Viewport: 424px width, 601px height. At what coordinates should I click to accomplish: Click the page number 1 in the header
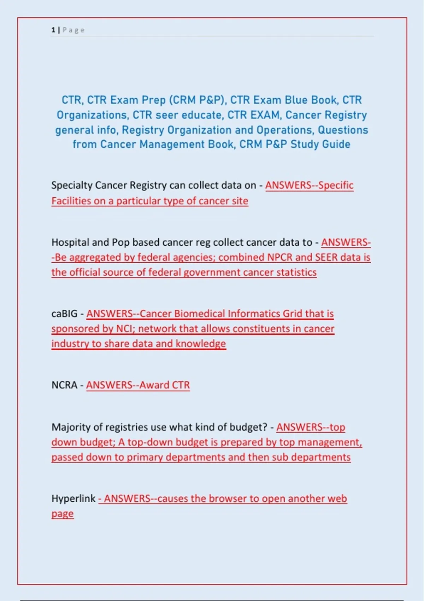(53, 30)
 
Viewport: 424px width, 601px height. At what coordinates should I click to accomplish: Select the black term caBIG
(64, 314)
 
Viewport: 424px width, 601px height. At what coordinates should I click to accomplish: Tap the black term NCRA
(64, 385)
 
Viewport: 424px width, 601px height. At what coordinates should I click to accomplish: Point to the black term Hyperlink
(73, 498)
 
